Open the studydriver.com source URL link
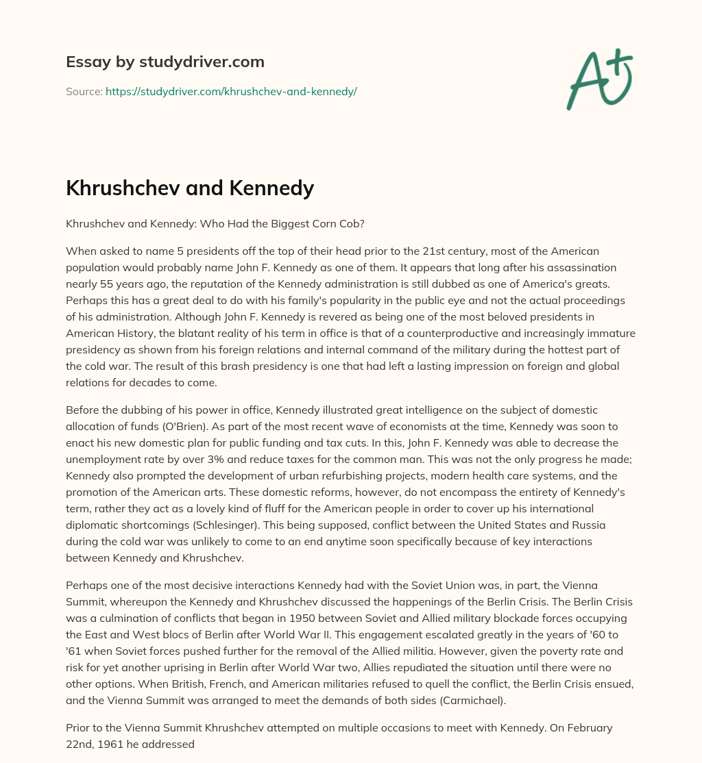(231, 91)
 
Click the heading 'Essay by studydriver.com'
(165, 62)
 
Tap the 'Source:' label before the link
(84, 91)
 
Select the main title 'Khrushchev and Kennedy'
(190, 187)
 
